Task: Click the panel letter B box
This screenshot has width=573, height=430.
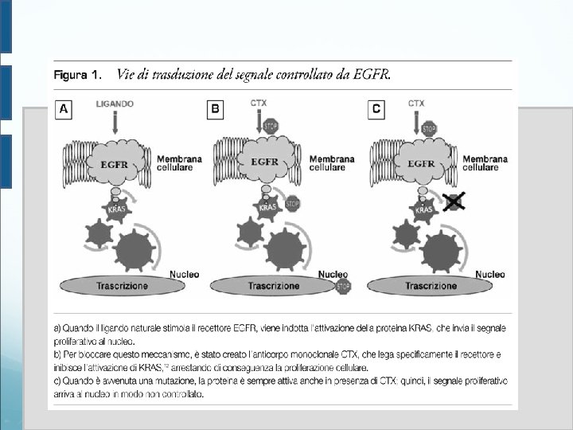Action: click(x=215, y=109)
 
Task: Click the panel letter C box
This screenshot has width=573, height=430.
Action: click(x=376, y=109)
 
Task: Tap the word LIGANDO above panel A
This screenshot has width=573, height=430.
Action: click(x=115, y=104)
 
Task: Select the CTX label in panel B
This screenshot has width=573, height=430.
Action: click(x=259, y=104)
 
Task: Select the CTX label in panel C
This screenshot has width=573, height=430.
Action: click(x=416, y=104)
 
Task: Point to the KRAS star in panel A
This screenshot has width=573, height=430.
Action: click(x=117, y=209)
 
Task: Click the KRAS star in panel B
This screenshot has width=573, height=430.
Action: click(x=268, y=209)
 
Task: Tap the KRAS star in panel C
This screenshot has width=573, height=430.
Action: click(x=424, y=210)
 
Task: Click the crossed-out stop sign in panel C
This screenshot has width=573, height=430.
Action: click(x=454, y=201)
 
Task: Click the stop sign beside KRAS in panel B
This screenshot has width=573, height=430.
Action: click(x=293, y=204)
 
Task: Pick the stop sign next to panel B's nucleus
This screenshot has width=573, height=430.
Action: click(x=343, y=287)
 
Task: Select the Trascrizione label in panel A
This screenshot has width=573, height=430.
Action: click(x=121, y=285)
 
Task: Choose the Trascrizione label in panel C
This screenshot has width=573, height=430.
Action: click(x=431, y=285)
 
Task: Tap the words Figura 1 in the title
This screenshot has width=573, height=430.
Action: click(x=77, y=76)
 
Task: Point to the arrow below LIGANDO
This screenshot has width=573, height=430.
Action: click(x=115, y=121)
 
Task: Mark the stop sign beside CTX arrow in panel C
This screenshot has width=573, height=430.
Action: click(x=429, y=128)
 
